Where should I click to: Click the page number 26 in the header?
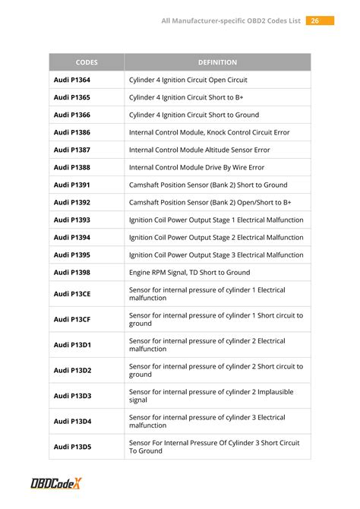(x=316, y=21)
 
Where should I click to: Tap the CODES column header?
(x=87, y=62)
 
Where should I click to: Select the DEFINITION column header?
(x=217, y=62)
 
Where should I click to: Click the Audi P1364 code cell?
(x=71, y=80)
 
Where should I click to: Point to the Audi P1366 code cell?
(x=71, y=115)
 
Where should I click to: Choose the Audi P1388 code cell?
(x=71, y=167)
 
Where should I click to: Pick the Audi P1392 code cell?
(x=71, y=203)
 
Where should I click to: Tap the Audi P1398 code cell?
(x=71, y=272)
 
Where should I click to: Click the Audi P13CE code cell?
(x=71, y=294)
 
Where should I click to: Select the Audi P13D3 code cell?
(x=71, y=396)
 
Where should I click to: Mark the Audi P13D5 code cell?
(x=71, y=447)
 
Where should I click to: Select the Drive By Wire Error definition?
(x=197, y=167)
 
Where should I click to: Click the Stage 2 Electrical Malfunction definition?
(x=216, y=237)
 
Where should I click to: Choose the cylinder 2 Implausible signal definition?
(x=210, y=396)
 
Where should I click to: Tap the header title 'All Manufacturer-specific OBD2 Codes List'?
(x=230, y=21)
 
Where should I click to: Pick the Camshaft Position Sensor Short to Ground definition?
(x=208, y=185)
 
